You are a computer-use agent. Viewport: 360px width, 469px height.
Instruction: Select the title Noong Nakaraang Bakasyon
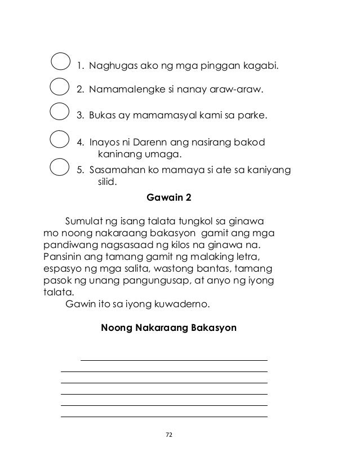[x=168, y=328]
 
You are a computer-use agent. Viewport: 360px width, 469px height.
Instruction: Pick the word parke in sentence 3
[x=254, y=116]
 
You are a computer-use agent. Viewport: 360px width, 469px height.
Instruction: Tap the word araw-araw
[x=237, y=90]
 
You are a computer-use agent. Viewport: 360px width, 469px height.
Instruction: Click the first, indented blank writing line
[x=174, y=360]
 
